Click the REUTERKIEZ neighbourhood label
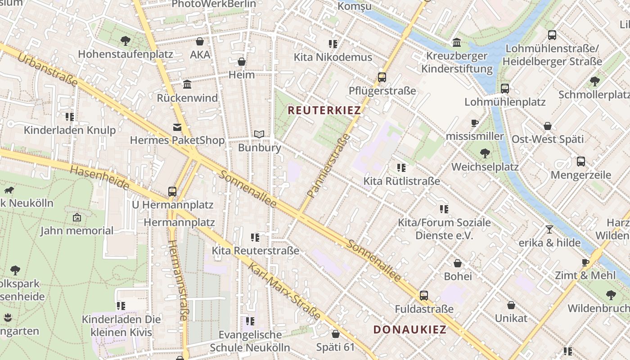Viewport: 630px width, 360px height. (x=324, y=110)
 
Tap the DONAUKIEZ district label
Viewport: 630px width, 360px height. (x=410, y=329)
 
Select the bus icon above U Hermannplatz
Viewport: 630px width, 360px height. (x=172, y=191)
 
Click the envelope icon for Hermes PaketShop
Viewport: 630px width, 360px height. (x=177, y=127)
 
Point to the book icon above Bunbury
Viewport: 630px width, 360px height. (x=259, y=134)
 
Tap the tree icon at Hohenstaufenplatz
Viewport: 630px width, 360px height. (x=126, y=41)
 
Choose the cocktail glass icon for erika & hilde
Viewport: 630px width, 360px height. (x=549, y=229)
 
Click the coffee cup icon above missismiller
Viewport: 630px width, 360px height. (x=474, y=123)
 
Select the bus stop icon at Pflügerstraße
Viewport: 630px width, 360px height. (x=382, y=77)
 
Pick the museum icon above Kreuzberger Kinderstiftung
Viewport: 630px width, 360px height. (x=457, y=42)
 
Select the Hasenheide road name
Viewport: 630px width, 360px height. (x=100, y=177)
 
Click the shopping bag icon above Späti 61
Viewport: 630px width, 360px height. (x=335, y=334)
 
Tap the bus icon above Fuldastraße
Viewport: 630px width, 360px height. (x=423, y=296)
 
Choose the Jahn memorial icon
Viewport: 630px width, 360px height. (x=77, y=218)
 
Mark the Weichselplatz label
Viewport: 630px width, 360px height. (x=485, y=167)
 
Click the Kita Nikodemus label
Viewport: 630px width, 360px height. (x=333, y=57)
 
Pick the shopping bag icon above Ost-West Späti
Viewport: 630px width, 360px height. (x=548, y=126)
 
